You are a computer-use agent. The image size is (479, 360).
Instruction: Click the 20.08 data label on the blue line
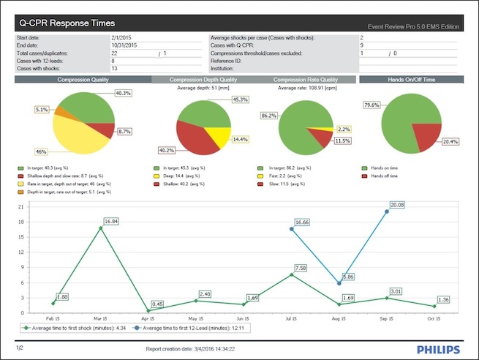(x=396, y=205)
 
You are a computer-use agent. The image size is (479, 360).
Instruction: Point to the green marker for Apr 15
(x=148, y=310)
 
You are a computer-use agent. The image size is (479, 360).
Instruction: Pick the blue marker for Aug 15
(x=339, y=283)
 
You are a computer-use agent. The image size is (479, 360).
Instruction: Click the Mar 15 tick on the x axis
(x=101, y=319)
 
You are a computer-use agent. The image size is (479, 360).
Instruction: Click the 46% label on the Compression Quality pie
(x=41, y=151)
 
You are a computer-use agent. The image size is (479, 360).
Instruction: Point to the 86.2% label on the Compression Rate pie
(x=268, y=116)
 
